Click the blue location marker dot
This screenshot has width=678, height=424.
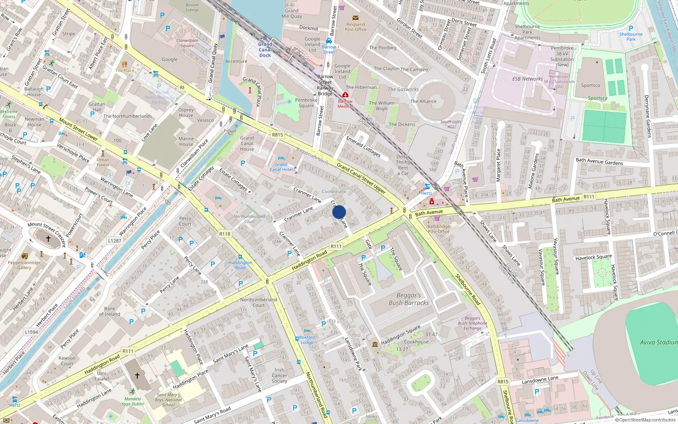[339, 212]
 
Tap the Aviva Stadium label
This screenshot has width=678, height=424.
[659, 342]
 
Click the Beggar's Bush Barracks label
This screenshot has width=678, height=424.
[409, 299]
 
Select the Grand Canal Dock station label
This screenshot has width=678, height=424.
[265, 50]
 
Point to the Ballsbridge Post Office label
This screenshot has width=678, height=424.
[439, 229]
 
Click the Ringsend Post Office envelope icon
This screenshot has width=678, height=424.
[356, 18]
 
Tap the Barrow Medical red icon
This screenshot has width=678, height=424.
[345, 95]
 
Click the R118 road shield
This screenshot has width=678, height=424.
[225, 234]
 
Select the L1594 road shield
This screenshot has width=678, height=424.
[31, 332]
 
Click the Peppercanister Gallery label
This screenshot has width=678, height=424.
[24, 265]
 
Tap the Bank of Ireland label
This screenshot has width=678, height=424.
[109, 311]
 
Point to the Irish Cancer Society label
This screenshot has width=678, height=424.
[279, 375]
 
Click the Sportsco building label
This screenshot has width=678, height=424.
[590, 85]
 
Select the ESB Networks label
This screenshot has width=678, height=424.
[527, 79]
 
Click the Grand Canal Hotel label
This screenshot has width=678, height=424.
[281, 167]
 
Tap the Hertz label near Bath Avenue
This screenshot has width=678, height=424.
[427, 193]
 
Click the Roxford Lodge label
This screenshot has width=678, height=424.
[307, 340]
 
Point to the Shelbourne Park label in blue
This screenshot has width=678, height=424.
[631, 36]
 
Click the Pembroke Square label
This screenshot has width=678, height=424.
[306, 103]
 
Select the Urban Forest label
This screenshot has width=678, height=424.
[103, 162]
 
